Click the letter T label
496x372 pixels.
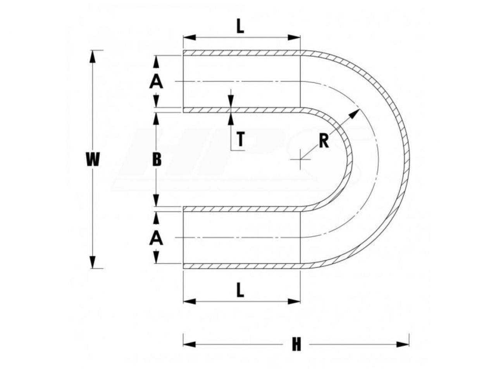click(x=241, y=139)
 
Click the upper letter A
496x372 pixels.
click(x=156, y=82)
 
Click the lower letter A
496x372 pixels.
click(x=156, y=239)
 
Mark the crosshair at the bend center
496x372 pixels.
click(x=300, y=160)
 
